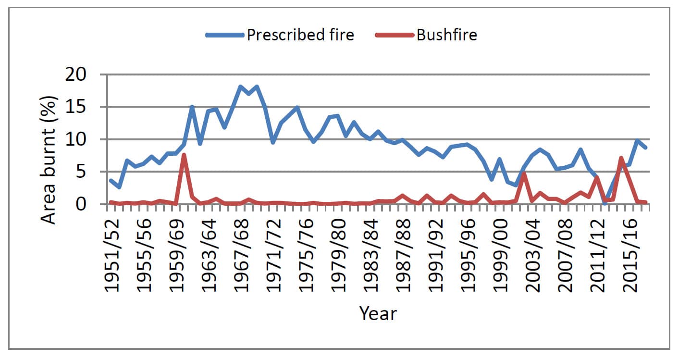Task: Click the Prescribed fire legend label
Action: coord(300,35)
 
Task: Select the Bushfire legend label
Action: coord(447,35)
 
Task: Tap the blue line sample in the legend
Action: coord(225,35)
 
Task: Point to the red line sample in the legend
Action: coord(395,35)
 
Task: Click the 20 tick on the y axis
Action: coord(76,74)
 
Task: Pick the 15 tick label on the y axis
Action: coord(76,107)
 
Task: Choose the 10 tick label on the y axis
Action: coord(76,139)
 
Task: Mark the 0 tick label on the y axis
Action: coord(81,204)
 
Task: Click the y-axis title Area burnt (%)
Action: coord(49,160)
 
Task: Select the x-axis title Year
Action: coord(378,313)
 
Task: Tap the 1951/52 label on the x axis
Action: coord(112,255)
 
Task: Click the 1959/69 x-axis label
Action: coord(176,255)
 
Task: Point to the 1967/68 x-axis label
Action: coord(241,255)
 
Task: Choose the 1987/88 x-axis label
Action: coord(403,255)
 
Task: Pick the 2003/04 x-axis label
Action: coord(532,255)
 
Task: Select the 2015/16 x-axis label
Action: coord(630,255)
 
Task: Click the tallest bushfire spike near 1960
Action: coord(184,155)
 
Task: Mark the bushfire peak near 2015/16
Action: coord(621,158)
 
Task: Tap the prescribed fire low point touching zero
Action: coord(605,203)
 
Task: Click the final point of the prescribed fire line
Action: coord(645,148)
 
